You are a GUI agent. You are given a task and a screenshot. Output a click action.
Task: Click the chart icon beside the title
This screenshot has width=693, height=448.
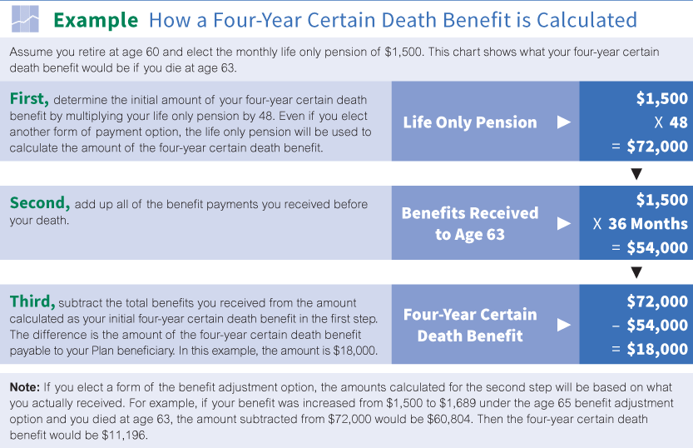click(x=25, y=19)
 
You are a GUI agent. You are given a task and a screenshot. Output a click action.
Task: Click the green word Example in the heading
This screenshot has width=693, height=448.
click(x=96, y=20)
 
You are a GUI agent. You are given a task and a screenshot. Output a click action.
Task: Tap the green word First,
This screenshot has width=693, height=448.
click(x=29, y=98)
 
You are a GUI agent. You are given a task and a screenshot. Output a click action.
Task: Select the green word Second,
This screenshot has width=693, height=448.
click(x=40, y=203)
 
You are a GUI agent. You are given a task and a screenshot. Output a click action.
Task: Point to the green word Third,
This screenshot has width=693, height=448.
click(x=32, y=301)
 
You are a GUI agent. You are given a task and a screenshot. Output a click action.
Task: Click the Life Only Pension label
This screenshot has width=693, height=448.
click(x=470, y=122)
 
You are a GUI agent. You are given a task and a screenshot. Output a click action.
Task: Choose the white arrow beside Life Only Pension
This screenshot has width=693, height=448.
click(x=564, y=122)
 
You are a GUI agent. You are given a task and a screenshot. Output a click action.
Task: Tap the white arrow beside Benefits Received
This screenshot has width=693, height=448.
click(x=564, y=223)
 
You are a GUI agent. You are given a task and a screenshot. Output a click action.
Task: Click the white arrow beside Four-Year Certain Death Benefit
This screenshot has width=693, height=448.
click(x=564, y=325)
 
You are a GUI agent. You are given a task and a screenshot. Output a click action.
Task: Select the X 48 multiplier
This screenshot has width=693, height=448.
click(x=671, y=122)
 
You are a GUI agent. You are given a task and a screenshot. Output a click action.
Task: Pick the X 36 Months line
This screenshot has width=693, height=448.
click(x=641, y=224)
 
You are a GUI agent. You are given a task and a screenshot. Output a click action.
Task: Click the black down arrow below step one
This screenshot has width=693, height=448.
click(x=636, y=174)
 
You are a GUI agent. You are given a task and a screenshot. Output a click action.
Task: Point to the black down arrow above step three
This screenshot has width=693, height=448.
click(x=636, y=272)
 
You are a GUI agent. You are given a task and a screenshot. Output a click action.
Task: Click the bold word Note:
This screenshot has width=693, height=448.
click(x=25, y=387)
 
